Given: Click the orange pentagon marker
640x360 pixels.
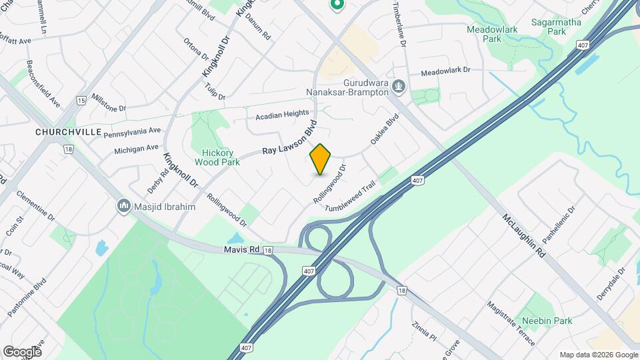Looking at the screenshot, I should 321,159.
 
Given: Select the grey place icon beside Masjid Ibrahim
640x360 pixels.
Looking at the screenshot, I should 123,207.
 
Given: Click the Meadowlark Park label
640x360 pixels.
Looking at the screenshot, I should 484,35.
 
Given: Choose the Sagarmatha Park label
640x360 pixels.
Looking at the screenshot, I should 556,27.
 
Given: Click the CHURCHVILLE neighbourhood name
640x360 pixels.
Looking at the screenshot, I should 63,132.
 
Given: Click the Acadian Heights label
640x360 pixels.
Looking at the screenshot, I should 282,115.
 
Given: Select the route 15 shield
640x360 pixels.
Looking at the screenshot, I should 81,100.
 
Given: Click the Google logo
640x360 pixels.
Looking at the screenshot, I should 22,351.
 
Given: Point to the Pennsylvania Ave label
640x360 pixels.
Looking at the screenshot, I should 132,131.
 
